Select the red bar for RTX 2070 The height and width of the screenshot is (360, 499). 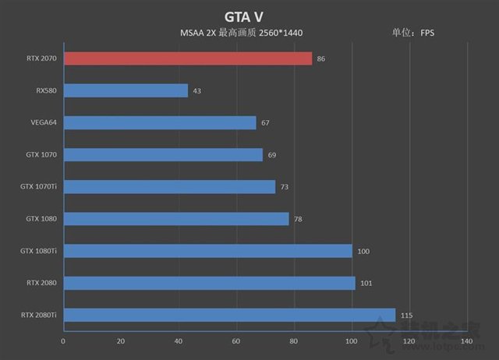[187, 58]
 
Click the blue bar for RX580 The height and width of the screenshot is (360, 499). [126, 90]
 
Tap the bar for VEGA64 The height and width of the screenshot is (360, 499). [160, 122]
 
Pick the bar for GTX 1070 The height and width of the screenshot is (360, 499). [163, 154]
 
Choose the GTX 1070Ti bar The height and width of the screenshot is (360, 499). [169, 186]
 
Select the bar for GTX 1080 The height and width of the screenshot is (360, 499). [176, 218]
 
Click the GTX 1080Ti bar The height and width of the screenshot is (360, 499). [207, 251]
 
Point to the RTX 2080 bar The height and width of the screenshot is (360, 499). [209, 283]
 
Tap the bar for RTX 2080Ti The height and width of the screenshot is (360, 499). [229, 315]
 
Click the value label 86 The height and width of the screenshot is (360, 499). [320, 58]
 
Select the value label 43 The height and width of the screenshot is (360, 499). [196, 91]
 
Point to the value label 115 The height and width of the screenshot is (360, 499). [405, 315]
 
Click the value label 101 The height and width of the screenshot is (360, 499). [365, 283]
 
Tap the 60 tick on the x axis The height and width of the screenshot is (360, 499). [235, 341]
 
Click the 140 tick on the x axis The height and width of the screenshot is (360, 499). [466, 341]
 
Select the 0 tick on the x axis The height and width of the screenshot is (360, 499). [63, 341]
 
